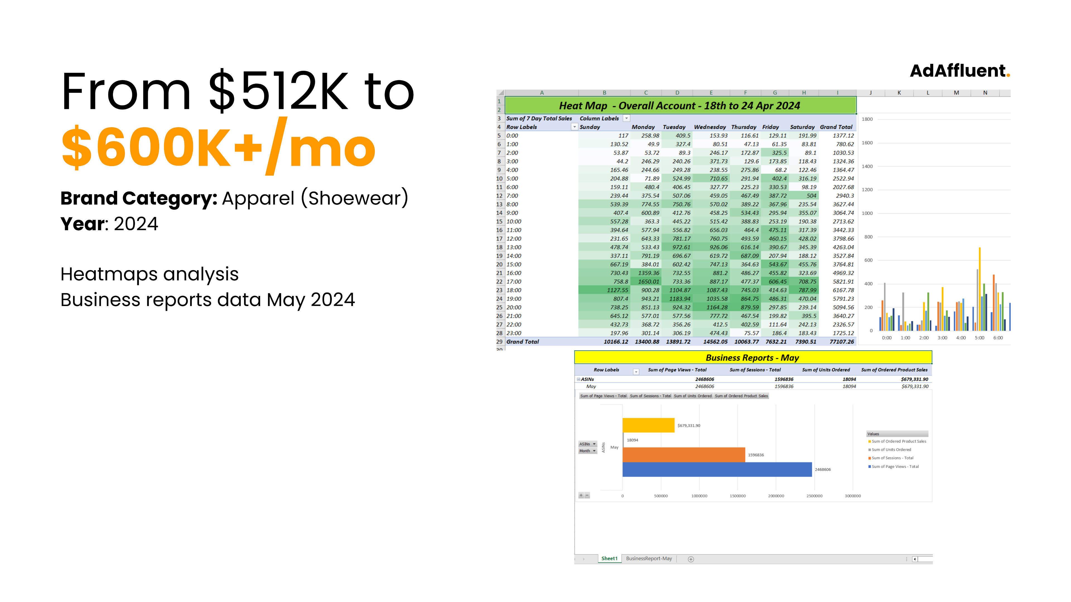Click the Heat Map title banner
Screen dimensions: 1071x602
pos(680,106)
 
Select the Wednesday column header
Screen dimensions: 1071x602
pos(710,127)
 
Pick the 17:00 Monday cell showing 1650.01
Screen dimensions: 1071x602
pos(648,282)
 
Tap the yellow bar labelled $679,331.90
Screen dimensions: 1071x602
pos(648,425)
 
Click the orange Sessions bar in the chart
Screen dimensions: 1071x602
pos(684,455)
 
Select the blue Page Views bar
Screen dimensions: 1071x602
pos(717,469)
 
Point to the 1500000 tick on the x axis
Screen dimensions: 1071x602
pos(737,496)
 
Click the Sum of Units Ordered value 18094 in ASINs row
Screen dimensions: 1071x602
pos(849,379)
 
